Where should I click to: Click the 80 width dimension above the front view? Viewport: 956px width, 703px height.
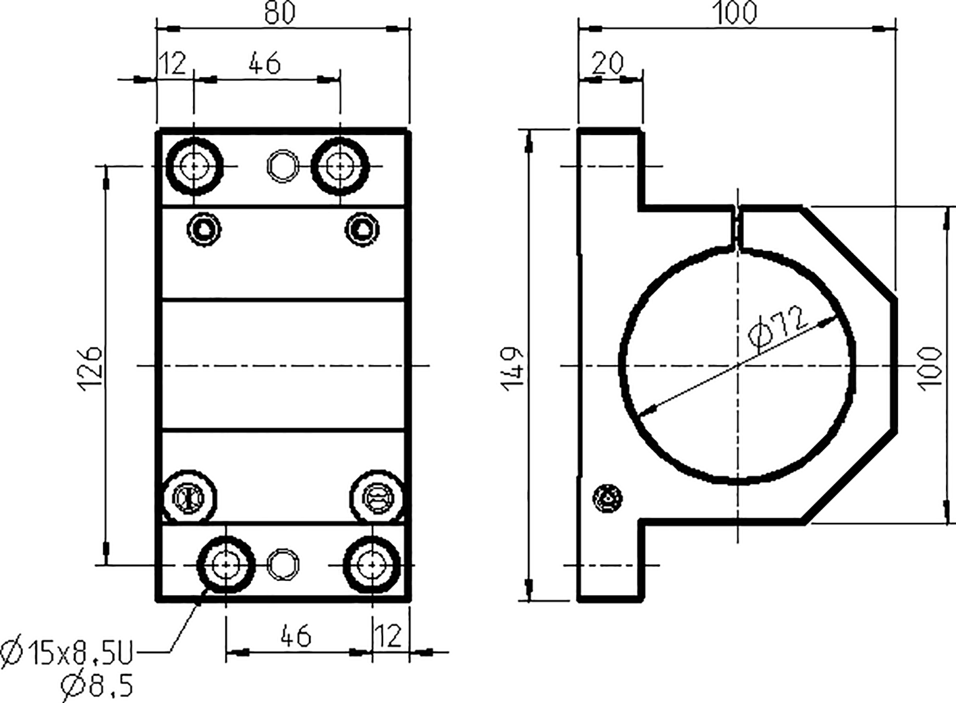[279, 13]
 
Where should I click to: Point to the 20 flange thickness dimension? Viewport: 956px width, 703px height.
[608, 63]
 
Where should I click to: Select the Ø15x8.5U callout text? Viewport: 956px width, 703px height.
[67, 653]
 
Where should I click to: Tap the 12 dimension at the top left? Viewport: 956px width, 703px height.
[172, 63]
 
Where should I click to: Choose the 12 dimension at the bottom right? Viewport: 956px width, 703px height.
[388, 636]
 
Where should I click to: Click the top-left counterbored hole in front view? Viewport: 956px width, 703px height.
[195, 165]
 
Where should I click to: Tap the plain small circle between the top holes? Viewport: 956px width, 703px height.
[283, 165]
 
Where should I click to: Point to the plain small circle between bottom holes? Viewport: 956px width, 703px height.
[283, 565]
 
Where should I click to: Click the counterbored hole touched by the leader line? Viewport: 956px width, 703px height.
[226, 565]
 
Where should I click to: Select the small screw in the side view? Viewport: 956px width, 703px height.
[607, 499]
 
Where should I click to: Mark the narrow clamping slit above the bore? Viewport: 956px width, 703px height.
[737, 228]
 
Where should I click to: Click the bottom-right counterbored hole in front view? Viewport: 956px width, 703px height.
[372, 564]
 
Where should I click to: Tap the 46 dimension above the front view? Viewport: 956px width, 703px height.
[264, 63]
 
